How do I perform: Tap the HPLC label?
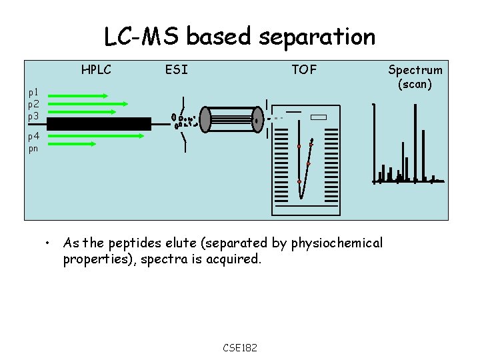(96, 69)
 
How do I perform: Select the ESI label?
(176, 69)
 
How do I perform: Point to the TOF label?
(304, 69)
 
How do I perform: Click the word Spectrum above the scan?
(415, 70)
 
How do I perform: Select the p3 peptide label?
(33, 116)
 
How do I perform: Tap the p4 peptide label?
(33, 137)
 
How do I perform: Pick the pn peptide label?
(33, 149)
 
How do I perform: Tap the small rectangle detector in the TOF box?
(319, 117)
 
